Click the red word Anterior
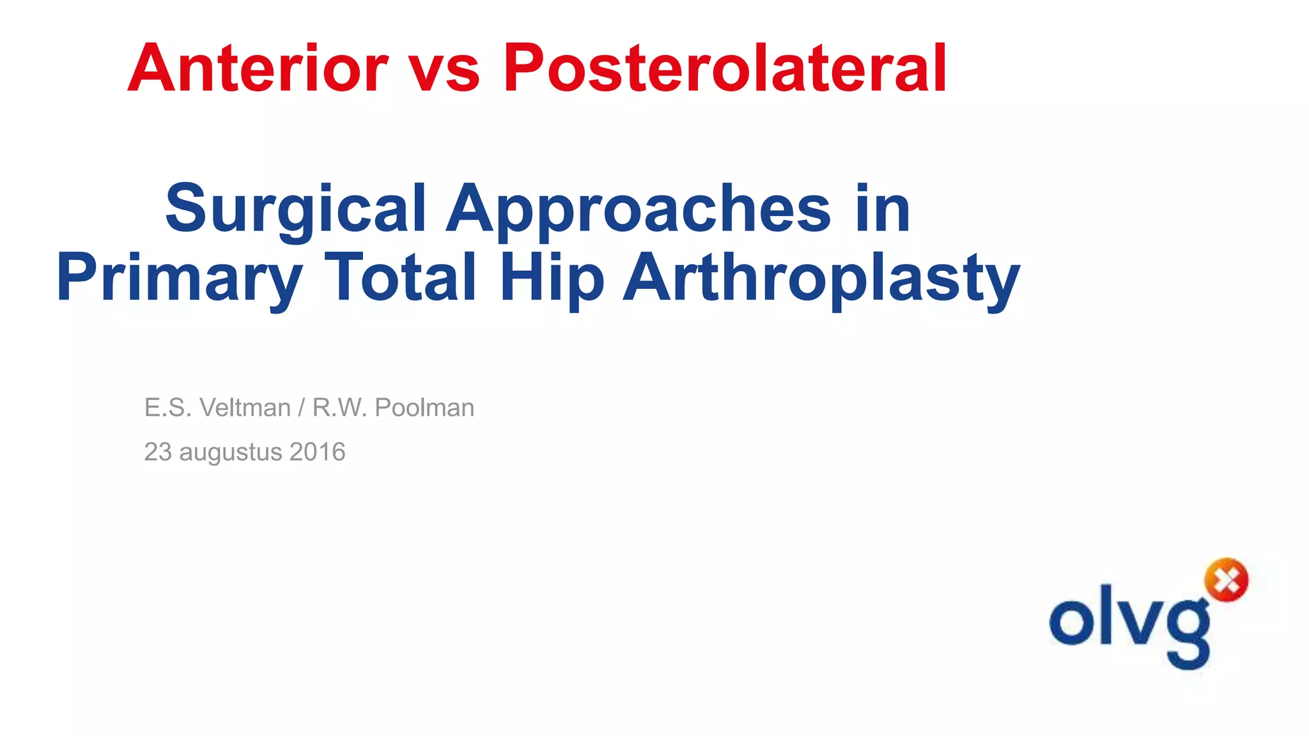tap(258, 68)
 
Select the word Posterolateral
tap(724, 68)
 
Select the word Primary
tap(180, 279)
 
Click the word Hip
tap(552, 279)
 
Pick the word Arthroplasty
tap(821, 279)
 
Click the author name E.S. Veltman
tap(217, 408)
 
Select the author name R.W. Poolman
tap(393, 408)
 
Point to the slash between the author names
tap(301, 408)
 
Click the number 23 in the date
tap(158, 452)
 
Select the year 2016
tap(318, 452)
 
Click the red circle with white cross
tap(1226, 580)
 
